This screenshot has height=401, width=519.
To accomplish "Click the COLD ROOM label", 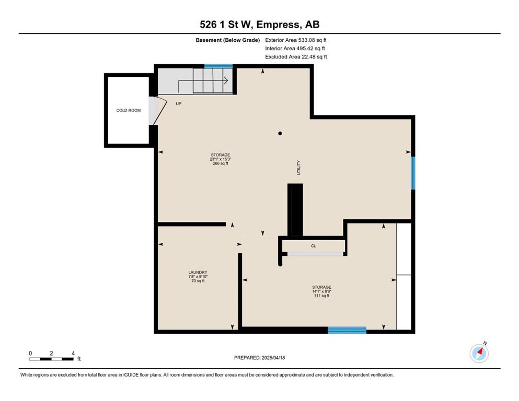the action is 129,110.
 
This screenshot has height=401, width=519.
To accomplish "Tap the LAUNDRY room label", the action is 198,273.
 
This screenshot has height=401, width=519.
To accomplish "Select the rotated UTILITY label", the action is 298,168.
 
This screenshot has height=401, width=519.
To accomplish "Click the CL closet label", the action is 314,246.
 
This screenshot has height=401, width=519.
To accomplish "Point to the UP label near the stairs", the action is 179,104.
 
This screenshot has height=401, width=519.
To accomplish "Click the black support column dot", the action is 280,134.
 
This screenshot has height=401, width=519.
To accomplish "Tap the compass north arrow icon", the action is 479,353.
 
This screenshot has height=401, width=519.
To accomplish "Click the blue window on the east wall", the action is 413,173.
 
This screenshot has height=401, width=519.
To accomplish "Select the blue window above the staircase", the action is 218,66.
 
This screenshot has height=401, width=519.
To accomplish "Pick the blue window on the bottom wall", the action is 347,330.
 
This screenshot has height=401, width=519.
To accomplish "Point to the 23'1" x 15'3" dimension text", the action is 221,159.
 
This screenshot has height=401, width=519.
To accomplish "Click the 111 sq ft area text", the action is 322,296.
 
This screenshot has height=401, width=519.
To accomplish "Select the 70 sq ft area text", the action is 198,281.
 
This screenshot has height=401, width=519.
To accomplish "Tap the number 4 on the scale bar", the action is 73,353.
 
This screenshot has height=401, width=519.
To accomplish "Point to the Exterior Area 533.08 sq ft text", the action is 296,40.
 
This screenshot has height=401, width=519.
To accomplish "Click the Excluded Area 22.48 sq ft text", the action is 296,57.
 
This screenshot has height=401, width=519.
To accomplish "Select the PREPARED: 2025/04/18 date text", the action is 259,358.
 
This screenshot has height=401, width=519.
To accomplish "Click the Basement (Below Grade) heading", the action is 228,40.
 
